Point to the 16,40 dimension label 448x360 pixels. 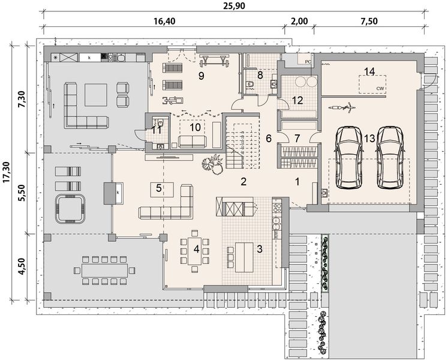click(164, 20)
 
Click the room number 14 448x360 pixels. click(369, 72)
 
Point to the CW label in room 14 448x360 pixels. click(380, 88)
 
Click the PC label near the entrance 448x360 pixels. click(308, 61)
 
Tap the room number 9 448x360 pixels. click(202, 76)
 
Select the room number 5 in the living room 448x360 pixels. click(159, 188)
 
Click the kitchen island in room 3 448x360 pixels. click(245, 249)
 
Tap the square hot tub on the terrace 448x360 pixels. click(68, 207)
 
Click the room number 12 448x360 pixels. click(297, 100)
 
